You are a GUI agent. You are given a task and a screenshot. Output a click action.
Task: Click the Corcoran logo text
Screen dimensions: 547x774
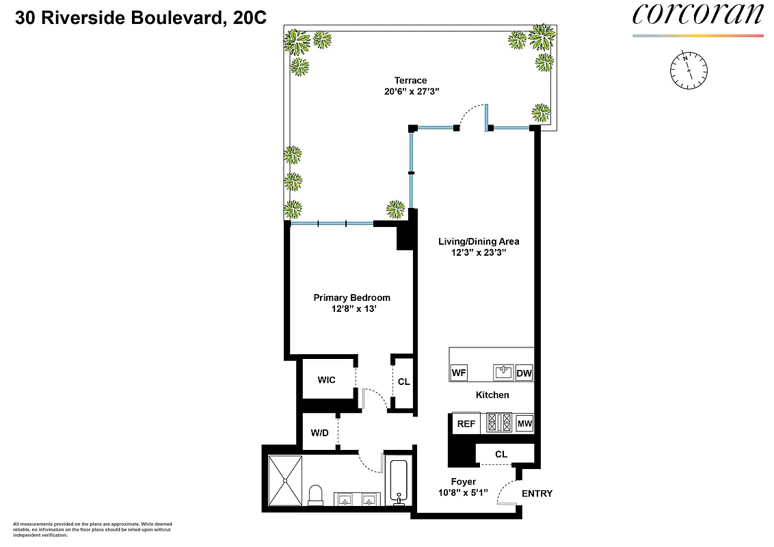coord(697,15)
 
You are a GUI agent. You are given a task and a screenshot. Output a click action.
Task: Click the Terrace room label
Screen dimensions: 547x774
coord(410,80)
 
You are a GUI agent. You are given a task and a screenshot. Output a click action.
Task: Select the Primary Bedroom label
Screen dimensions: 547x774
coord(351,297)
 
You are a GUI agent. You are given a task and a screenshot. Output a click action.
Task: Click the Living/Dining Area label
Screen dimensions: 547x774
coord(479,241)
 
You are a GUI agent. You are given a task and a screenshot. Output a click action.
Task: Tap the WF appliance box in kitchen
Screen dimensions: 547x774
coord(459,373)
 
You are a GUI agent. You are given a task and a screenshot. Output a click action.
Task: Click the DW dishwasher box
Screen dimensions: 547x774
coord(524,373)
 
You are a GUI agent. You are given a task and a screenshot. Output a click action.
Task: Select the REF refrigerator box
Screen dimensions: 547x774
coord(466,424)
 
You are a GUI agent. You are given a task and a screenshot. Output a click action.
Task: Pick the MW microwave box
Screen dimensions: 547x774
coord(524,424)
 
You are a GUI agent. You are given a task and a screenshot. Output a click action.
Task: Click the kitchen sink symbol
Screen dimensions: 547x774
coord(503,372)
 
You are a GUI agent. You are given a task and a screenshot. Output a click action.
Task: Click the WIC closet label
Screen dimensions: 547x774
coord(326,380)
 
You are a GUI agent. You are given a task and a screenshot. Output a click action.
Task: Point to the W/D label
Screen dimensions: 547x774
coord(319,432)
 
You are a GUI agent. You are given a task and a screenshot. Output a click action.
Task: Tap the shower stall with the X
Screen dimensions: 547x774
coord(284,480)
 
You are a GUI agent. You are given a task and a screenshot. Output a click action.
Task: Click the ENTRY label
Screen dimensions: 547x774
coord(537,494)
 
